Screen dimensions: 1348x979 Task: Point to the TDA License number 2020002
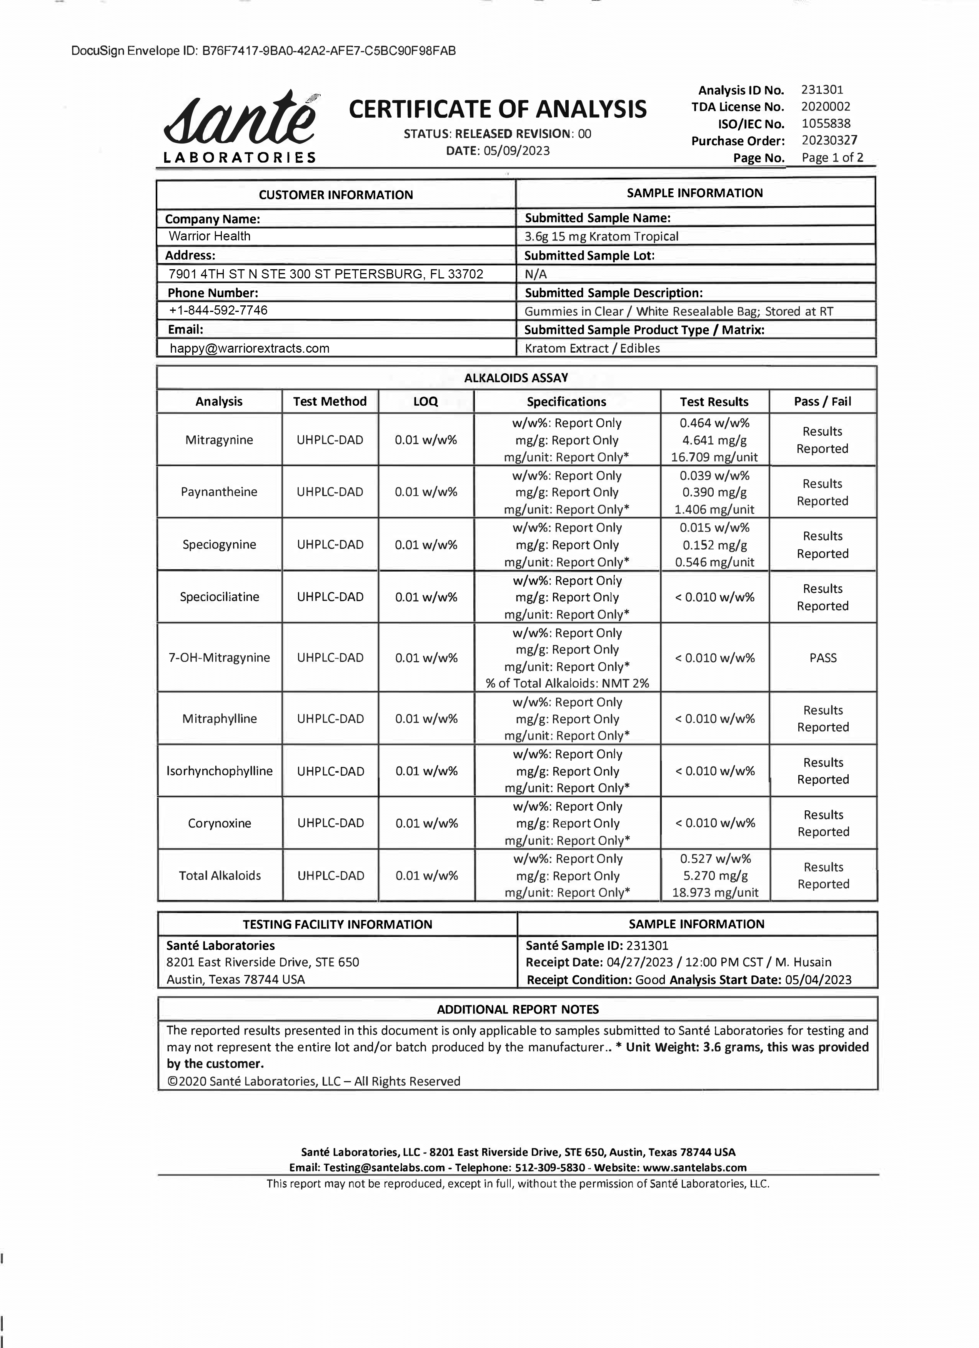tap(825, 107)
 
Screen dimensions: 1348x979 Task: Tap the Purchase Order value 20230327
tap(829, 141)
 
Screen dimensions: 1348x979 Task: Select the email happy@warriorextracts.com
tap(249, 348)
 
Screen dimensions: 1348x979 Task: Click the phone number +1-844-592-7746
tap(218, 310)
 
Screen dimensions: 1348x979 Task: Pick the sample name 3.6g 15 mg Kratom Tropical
tap(601, 237)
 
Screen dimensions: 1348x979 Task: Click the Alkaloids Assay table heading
tap(516, 378)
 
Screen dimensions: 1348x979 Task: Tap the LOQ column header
tap(426, 402)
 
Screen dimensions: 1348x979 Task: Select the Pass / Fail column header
tap(822, 402)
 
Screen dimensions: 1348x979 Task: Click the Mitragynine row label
tap(219, 440)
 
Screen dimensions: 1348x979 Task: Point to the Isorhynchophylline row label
tap(219, 771)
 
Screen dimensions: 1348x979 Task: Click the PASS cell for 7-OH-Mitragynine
tap(822, 658)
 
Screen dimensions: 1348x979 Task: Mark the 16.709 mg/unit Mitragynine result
tap(714, 457)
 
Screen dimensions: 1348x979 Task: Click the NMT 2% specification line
tap(567, 683)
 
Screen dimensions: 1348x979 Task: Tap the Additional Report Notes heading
tap(518, 1009)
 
